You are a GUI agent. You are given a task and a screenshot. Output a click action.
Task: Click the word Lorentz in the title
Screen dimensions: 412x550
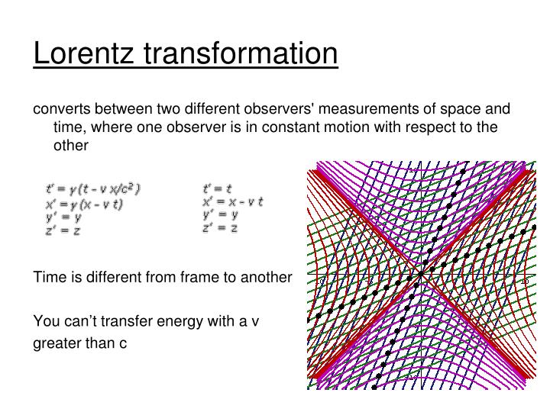(x=82, y=53)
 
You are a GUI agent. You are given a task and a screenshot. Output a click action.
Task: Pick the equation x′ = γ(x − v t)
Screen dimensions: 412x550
(x=84, y=204)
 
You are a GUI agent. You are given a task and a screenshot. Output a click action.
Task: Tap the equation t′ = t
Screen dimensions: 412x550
(x=218, y=188)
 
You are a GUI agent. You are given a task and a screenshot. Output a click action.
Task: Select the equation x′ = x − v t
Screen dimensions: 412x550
(x=232, y=202)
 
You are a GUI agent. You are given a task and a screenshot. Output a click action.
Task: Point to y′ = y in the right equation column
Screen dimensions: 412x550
(x=220, y=215)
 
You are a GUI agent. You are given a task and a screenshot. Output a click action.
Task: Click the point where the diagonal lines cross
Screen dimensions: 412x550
(x=421, y=274)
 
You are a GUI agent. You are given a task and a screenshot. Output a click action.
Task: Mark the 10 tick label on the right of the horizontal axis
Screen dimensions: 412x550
(x=525, y=282)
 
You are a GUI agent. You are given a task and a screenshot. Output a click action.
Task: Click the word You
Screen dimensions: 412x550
(x=45, y=320)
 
